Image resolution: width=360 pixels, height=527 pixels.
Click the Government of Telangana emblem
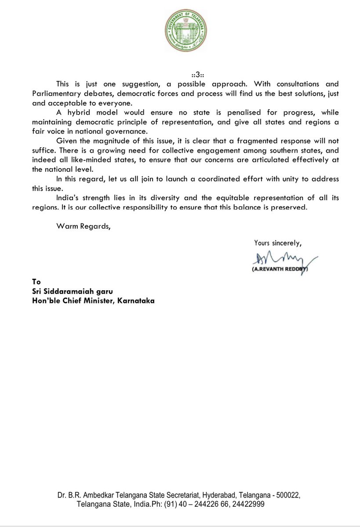180,29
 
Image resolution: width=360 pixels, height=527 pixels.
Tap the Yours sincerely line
277,242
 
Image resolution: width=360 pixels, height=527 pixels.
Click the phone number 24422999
246,505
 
